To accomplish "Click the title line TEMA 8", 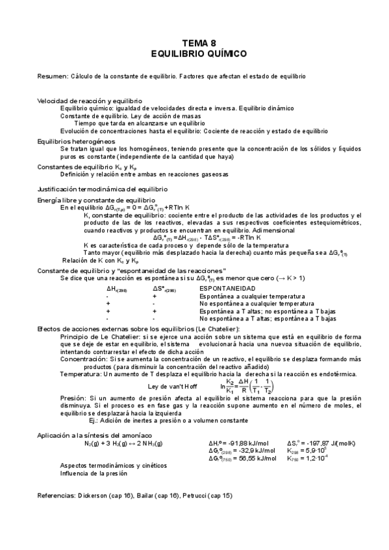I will (194, 42).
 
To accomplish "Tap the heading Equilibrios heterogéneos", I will (77, 141).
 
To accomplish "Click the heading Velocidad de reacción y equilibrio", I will (90, 101).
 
